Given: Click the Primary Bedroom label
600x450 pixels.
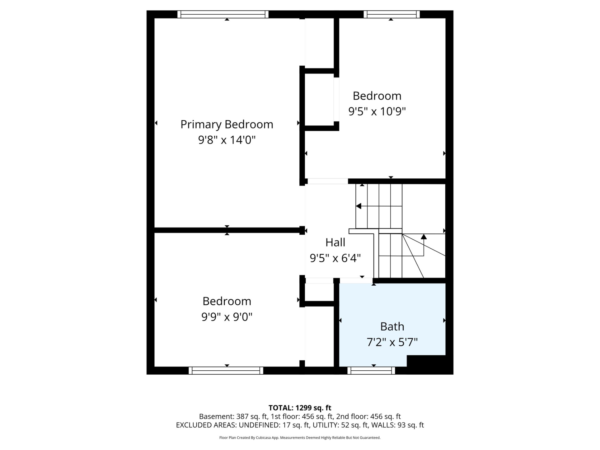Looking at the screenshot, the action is coord(227,125).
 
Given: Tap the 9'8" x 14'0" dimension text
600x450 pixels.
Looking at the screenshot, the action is coord(227,140).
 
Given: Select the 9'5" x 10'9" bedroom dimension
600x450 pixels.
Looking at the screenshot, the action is coord(377,111).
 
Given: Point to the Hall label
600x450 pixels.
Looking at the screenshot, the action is coord(335,242).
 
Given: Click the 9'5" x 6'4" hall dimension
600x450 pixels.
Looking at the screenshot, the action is coord(335,258).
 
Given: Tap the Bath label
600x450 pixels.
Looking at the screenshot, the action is coord(392,327).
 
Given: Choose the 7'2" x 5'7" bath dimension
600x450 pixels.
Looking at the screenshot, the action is coord(392,342).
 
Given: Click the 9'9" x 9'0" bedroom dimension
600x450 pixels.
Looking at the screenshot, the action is coord(227,317).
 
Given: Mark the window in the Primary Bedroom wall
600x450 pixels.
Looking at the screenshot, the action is coord(223,14).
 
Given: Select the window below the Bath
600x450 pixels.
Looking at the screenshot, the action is coord(371,371).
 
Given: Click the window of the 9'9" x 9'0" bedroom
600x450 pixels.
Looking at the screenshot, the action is coord(226,371).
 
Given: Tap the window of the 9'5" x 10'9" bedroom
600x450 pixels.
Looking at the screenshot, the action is coord(392,14).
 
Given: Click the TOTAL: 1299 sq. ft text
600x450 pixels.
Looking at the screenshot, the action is coord(300,408).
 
